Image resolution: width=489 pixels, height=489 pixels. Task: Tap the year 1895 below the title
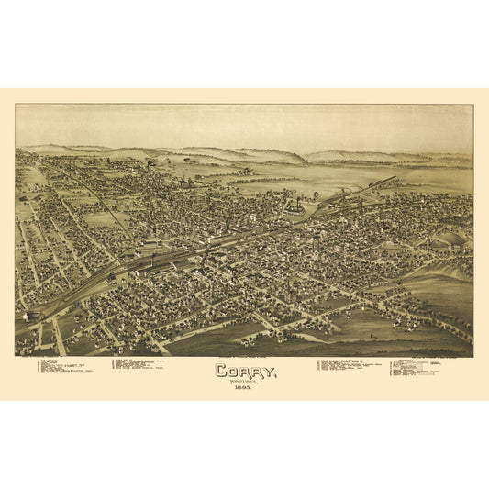click(243, 390)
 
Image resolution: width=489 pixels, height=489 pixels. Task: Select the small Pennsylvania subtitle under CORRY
click(243, 383)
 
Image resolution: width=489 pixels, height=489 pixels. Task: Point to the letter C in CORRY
click(221, 372)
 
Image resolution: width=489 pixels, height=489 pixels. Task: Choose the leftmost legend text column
click(64, 367)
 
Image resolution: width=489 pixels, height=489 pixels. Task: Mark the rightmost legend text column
click(417, 367)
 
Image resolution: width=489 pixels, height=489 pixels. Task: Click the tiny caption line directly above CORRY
click(243, 359)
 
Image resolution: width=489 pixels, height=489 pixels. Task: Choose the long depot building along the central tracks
click(170, 260)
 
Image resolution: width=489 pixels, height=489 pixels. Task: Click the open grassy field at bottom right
click(404, 326)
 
